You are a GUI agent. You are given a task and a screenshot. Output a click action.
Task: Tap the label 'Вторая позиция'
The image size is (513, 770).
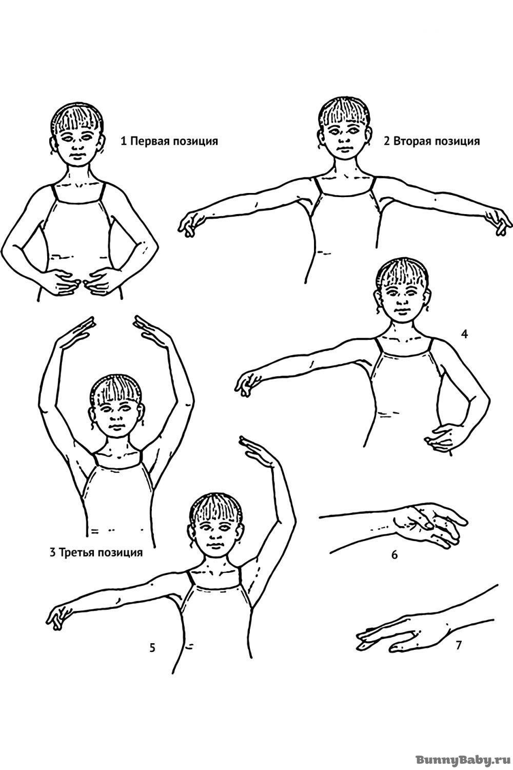(x=437, y=141)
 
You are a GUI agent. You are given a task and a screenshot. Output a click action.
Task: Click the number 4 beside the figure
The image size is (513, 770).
(x=464, y=334)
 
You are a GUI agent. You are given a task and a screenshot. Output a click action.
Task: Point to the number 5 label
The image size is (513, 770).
(x=152, y=648)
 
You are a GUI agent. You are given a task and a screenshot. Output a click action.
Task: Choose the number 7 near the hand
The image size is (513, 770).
(x=459, y=646)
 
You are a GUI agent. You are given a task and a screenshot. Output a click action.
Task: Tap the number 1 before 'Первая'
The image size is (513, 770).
(x=123, y=141)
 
